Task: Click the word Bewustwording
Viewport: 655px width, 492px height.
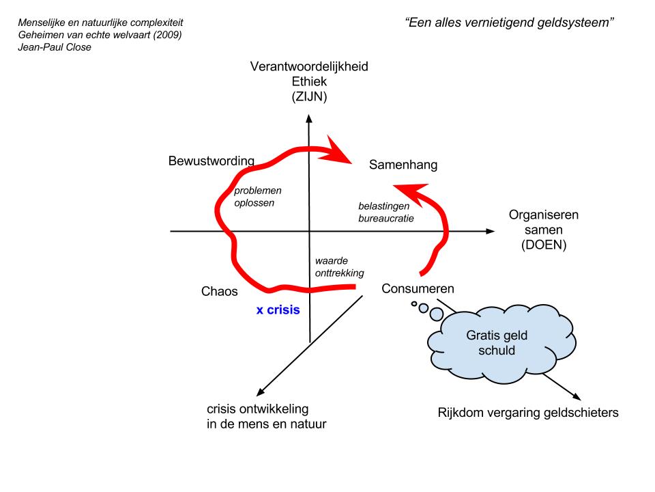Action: (x=212, y=161)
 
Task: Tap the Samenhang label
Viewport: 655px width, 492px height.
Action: (x=403, y=165)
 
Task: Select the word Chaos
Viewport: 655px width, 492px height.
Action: (x=220, y=291)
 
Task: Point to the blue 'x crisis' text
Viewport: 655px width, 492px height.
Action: (x=278, y=310)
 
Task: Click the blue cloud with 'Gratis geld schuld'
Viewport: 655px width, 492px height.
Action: (x=491, y=342)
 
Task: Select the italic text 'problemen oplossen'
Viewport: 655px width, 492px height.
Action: (x=258, y=197)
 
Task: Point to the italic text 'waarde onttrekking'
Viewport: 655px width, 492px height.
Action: (x=339, y=266)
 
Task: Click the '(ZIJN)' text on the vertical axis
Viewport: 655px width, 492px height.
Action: (x=309, y=97)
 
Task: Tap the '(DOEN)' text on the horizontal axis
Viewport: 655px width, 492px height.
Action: (x=543, y=244)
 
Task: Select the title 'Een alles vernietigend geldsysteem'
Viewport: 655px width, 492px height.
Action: (x=510, y=22)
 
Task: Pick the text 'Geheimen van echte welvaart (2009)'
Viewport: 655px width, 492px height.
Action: (x=100, y=35)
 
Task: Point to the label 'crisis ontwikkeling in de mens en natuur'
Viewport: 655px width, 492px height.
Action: (x=266, y=417)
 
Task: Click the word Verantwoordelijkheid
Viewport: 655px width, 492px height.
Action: (x=309, y=67)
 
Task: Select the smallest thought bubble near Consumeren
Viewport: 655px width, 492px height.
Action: (x=414, y=303)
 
